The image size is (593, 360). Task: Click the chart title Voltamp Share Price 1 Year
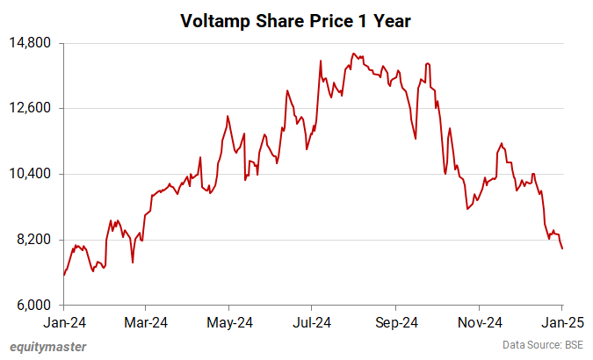[295, 19]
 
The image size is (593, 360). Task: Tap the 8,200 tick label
[35, 240]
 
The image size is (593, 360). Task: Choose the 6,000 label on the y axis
[35, 306]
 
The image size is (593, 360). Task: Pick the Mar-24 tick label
[146, 322]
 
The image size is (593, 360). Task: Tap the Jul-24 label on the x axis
[312, 322]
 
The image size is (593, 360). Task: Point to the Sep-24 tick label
[395, 322]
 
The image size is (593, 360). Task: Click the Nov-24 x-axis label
[479, 322]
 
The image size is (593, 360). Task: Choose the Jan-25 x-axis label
[561, 322]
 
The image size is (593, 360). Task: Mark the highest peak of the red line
[352, 54]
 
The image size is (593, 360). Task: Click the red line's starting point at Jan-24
[64, 275]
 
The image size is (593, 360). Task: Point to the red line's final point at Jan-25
[562, 248]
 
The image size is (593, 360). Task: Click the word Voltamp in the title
[213, 19]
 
